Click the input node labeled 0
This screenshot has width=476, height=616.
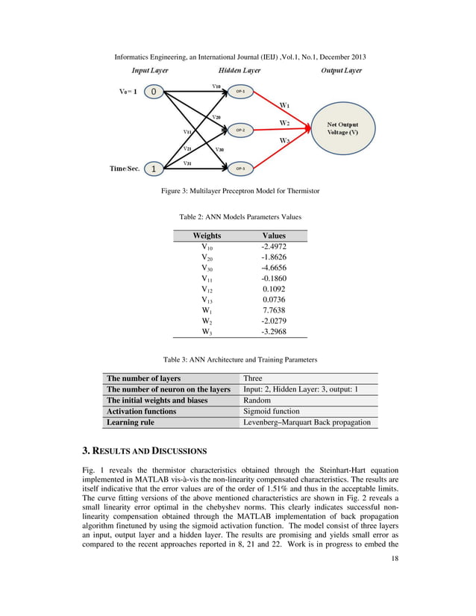[153, 92]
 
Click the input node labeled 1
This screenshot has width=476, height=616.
[153, 168]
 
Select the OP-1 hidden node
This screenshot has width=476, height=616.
[240, 92]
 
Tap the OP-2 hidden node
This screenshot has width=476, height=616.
[240, 131]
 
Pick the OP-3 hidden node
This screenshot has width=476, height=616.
[240, 169]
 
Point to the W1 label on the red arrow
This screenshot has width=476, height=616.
[285, 105]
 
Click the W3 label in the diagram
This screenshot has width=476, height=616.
[284, 140]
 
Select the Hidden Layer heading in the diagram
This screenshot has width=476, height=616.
[239, 71]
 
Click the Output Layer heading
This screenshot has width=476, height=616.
[341, 71]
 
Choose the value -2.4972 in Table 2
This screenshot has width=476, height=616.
[273, 246]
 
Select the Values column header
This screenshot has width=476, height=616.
[274, 235]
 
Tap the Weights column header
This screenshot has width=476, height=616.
[207, 235]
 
